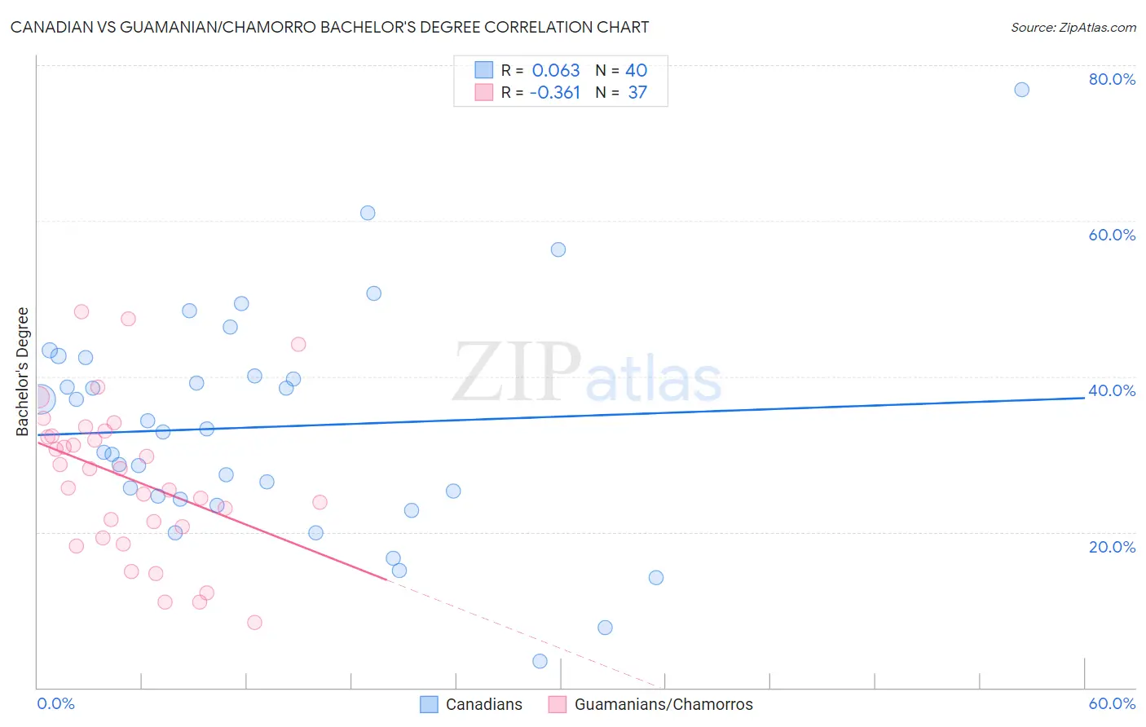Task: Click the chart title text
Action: tap(329, 27)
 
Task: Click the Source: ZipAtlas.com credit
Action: tap(1073, 27)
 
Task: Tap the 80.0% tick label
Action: tap(1112, 79)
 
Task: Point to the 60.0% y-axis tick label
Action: tap(1112, 235)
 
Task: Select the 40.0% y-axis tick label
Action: tap(1112, 390)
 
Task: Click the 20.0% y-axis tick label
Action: tap(1112, 546)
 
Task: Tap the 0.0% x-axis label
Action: tap(55, 703)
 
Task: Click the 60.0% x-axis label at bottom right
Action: tap(1112, 703)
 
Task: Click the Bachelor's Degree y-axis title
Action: tap(23, 371)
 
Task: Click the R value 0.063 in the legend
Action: tap(556, 70)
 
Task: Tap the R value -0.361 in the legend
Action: tap(554, 92)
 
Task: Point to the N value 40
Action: tap(636, 70)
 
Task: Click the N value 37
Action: tap(637, 92)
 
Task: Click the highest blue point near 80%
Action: tap(1021, 90)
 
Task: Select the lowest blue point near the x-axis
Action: tap(540, 661)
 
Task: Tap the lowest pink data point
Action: tap(254, 623)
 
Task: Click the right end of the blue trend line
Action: tap(1083, 398)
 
